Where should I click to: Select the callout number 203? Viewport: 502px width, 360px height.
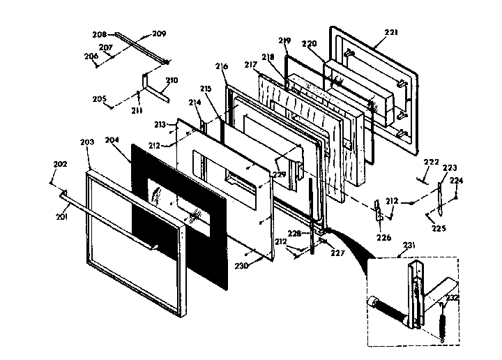click(86, 142)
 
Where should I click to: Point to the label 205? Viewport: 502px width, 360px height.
click(99, 99)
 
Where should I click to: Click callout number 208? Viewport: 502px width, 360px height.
click(99, 33)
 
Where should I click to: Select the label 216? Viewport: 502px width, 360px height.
click(221, 67)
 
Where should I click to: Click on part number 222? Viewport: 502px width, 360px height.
click(432, 162)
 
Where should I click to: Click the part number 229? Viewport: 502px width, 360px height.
click(279, 174)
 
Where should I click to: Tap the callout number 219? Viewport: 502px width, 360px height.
click(284, 40)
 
